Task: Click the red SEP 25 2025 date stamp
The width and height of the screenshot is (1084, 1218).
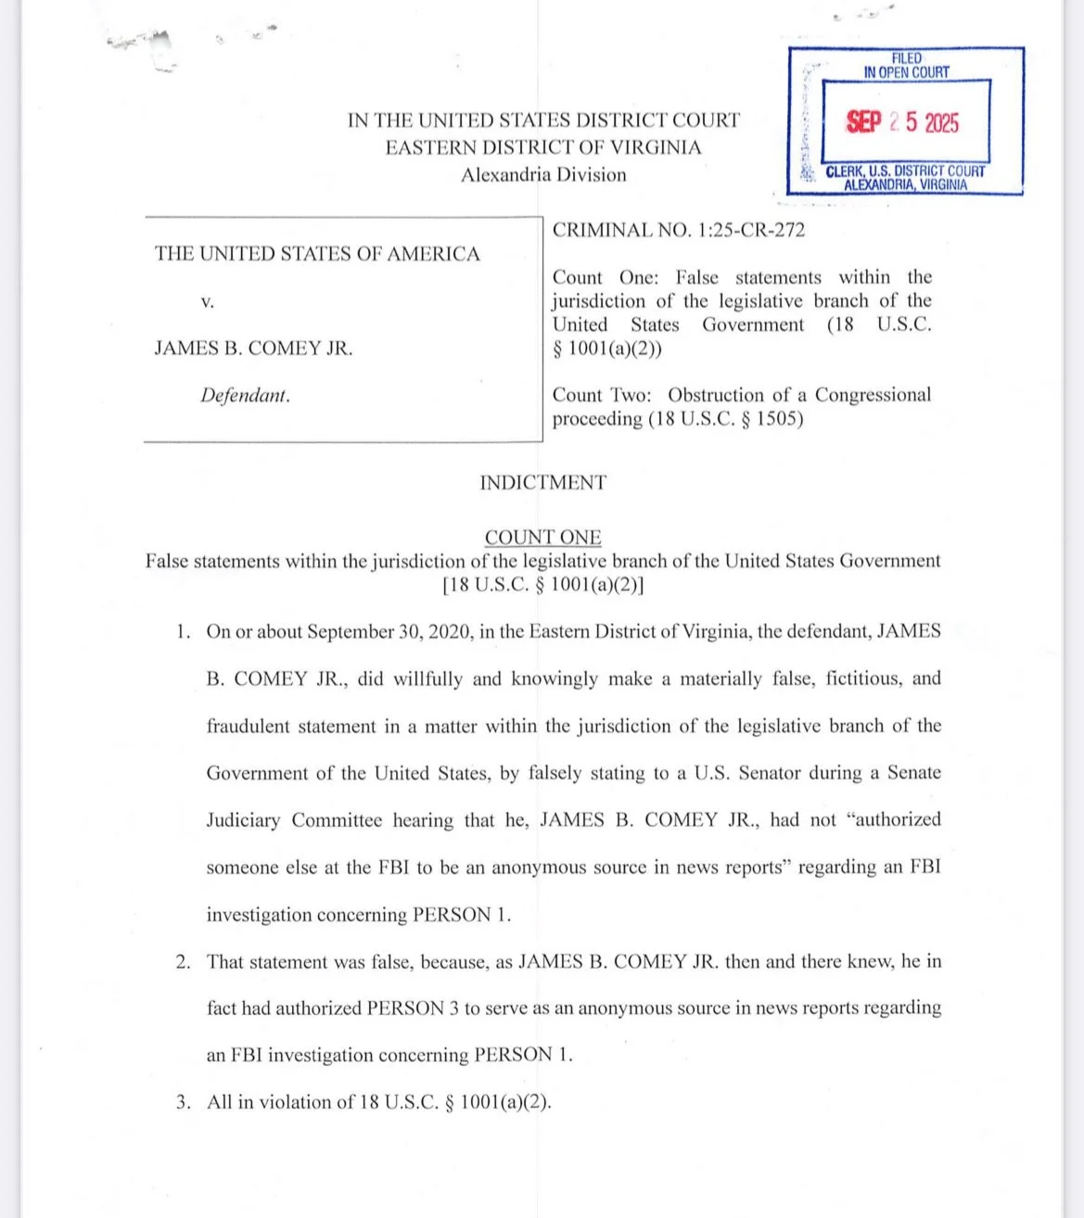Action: (x=902, y=122)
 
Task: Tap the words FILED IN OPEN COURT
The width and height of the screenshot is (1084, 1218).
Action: (x=906, y=65)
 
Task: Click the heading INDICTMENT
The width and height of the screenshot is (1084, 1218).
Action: (x=542, y=483)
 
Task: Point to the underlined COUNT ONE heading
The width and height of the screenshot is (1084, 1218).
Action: (x=542, y=538)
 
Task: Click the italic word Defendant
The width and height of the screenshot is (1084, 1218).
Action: (x=245, y=396)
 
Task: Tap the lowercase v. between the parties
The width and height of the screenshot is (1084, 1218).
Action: (x=208, y=302)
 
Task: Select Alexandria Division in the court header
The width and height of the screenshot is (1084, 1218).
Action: (x=543, y=175)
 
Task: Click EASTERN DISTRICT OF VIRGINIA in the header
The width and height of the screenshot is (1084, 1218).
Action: (x=543, y=148)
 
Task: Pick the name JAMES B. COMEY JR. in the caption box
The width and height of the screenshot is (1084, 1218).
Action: (x=253, y=349)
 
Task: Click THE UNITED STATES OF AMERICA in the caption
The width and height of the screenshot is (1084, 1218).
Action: (x=317, y=254)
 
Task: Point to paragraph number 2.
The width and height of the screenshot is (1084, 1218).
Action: (x=184, y=962)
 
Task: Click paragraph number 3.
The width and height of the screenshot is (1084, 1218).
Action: (x=184, y=1102)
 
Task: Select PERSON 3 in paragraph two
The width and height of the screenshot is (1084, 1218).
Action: (x=413, y=1009)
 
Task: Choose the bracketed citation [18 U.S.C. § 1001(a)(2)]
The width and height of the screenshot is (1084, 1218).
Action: (x=543, y=585)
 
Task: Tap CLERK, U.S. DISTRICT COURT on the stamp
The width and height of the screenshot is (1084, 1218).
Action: (x=905, y=171)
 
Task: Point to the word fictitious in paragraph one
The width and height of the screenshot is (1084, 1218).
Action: (x=855, y=679)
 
